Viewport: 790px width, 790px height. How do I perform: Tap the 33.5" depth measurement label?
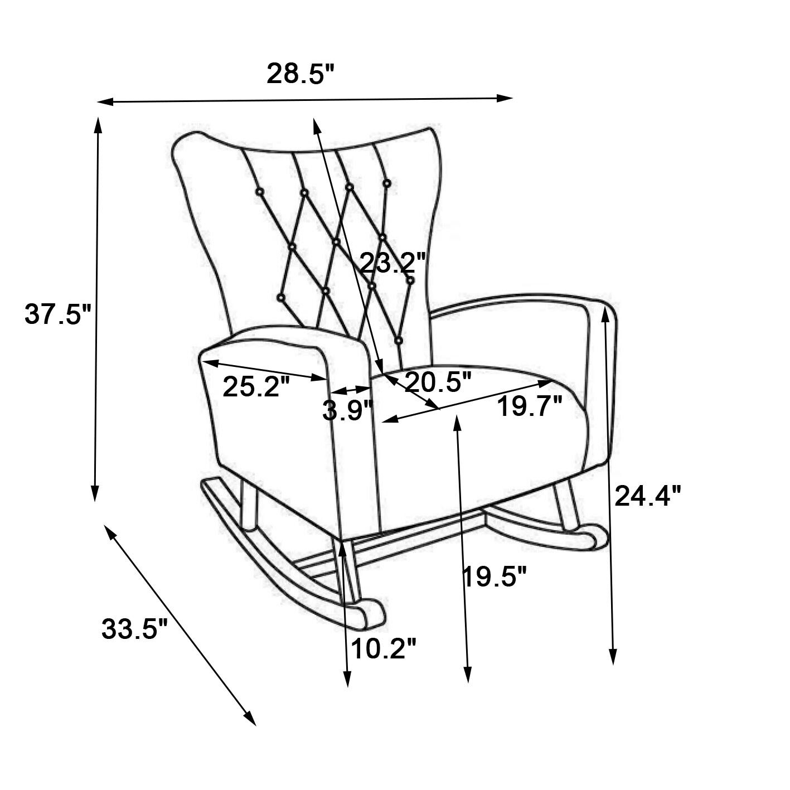click(134, 629)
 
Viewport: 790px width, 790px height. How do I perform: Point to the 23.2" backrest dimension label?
click(393, 262)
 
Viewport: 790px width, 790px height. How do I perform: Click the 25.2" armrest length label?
click(256, 386)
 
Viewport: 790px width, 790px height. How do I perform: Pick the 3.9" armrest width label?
click(347, 411)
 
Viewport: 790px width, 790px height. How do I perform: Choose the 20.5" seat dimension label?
click(438, 382)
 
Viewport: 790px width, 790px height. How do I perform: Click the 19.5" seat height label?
click(495, 576)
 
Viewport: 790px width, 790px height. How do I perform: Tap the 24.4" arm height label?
click(648, 495)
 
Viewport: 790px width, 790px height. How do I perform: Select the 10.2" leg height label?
click(384, 648)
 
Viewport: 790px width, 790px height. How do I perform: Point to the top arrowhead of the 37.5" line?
click(99, 124)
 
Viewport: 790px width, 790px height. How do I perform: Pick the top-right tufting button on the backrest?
click(387, 182)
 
